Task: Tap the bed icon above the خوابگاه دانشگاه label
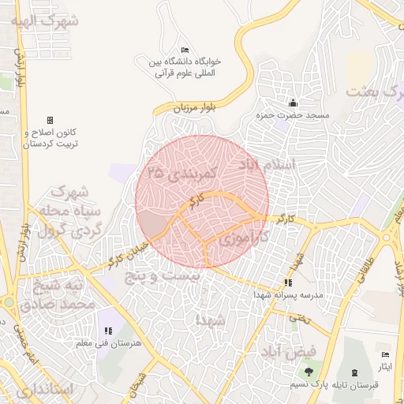tap(185, 50)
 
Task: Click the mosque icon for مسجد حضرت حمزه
tap(294, 103)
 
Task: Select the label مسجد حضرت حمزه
tap(286, 116)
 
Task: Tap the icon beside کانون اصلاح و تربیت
tap(50, 120)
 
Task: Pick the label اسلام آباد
tap(265, 165)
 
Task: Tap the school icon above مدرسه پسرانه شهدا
tap(288, 282)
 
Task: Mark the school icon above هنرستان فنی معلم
tap(108, 331)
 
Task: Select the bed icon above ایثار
tap(385, 356)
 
